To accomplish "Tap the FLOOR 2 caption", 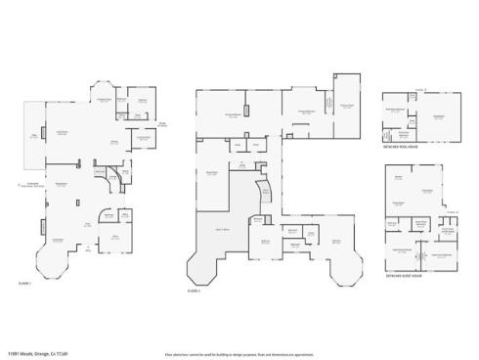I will click(x=194, y=291).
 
